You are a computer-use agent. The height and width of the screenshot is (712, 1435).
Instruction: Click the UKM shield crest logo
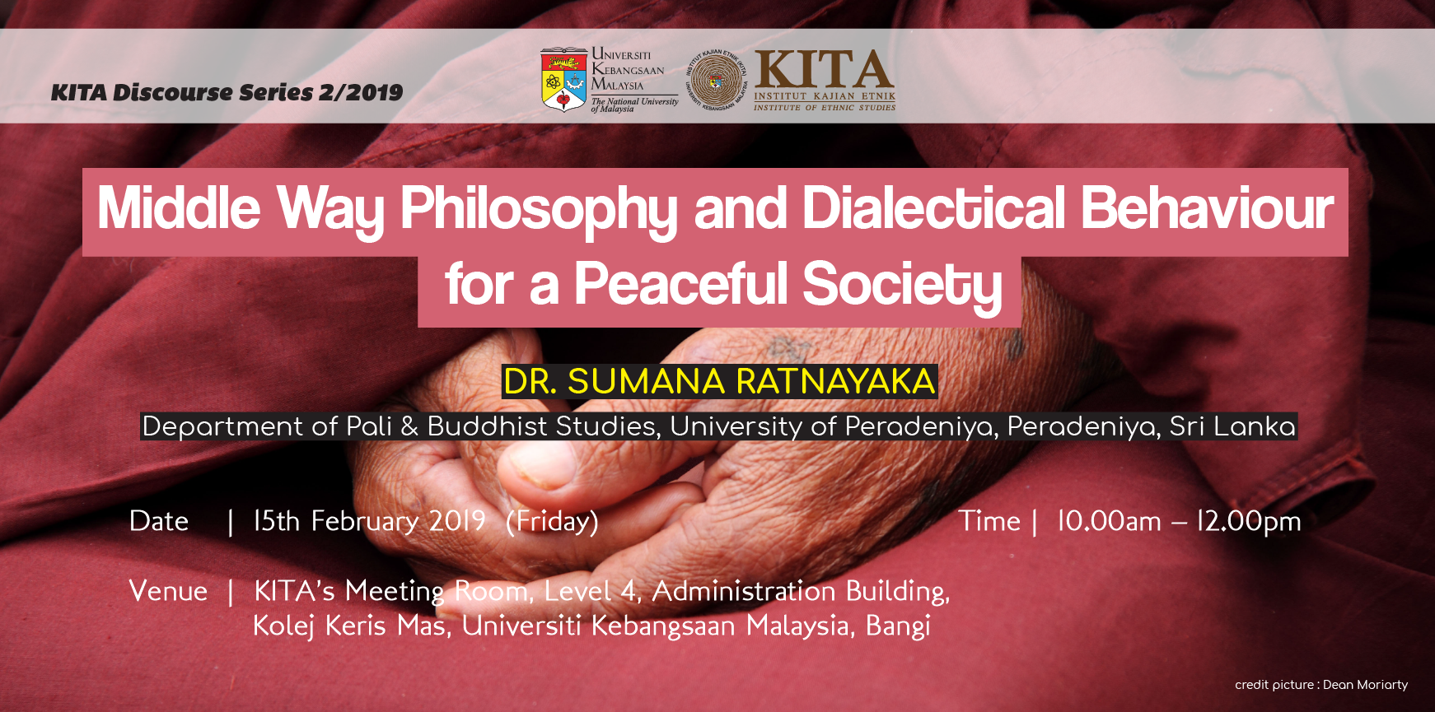click(x=563, y=79)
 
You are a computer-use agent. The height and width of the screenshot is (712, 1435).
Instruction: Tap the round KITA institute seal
click(x=717, y=80)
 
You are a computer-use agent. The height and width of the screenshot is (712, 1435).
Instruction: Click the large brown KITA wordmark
click(x=824, y=70)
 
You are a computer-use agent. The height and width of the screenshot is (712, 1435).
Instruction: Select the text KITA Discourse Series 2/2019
click(x=227, y=92)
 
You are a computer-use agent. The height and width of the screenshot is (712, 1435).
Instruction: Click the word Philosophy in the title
click(x=539, y=209)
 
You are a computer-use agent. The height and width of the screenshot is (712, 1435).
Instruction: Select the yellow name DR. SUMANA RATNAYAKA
click(x=719, y=382)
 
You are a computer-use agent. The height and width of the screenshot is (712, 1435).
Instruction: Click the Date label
click(x=159, y=521)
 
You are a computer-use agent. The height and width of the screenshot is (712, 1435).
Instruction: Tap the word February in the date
click(x=365, y=522)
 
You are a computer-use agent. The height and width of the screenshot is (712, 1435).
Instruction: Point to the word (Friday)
click(x=552, y=522)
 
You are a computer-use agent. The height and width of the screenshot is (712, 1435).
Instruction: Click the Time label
click(x=989, y=521)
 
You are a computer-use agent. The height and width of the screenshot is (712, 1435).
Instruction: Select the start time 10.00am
click(x=1109, y=521)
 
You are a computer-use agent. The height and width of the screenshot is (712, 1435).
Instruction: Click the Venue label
click(x=168, y=591)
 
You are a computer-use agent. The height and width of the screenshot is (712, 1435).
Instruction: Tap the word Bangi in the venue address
click(x=898, y=626)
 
